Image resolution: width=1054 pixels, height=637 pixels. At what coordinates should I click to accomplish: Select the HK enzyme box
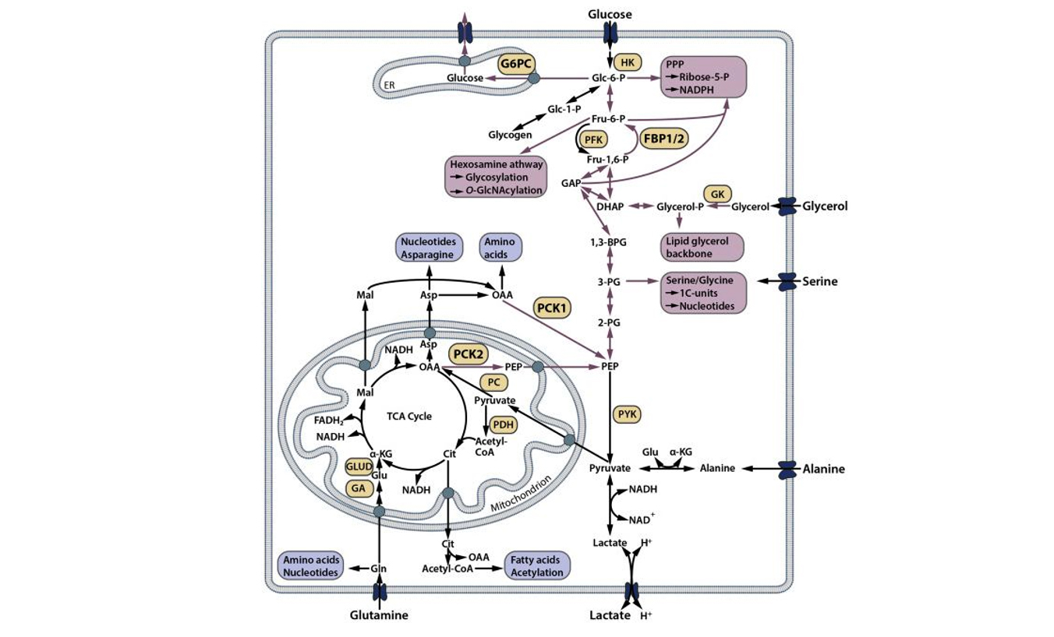[x=627, y=62]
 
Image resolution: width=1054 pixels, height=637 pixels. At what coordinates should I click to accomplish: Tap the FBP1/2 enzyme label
[x=663, y=138]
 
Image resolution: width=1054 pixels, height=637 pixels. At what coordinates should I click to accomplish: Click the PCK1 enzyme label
[x=553, y=308]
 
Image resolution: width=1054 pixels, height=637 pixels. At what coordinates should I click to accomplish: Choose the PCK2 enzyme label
[x=468, y=354]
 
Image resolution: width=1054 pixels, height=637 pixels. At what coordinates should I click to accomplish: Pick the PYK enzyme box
[x=627, y=414]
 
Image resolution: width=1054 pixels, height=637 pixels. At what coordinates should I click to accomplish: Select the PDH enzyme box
[x=504, y=424]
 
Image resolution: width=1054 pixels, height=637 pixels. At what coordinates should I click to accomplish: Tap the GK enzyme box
[x=716, y=194]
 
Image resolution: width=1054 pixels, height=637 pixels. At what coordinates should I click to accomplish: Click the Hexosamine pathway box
[x=496, y=178]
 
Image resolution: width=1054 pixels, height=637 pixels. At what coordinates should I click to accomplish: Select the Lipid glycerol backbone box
[x=702, y=246]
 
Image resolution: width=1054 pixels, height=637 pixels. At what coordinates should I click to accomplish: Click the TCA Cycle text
[x=409, y=416]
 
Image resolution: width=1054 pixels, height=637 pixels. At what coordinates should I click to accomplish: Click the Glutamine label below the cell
[x=379, y=615]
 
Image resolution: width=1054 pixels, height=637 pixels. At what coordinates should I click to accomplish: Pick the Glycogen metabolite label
[x=511, y=135]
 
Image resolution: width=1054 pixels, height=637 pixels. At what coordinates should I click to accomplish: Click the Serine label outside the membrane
[x=820, y=281]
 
